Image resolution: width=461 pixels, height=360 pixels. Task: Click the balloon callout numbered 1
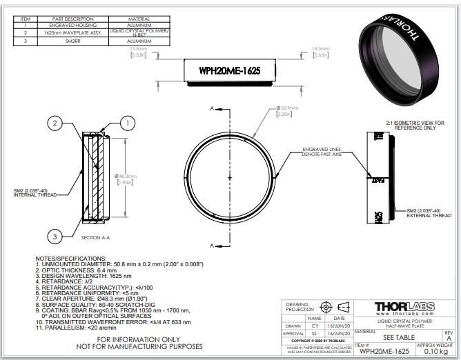(x=127, y=123)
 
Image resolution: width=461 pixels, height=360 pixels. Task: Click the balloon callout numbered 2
(x=55, y=123)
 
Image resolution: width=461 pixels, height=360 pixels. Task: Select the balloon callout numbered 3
(x=55, y=236)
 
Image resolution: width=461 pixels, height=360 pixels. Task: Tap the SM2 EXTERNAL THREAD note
(x=429, y=212)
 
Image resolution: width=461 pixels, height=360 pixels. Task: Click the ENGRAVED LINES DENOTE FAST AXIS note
(x=324, y=152)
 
